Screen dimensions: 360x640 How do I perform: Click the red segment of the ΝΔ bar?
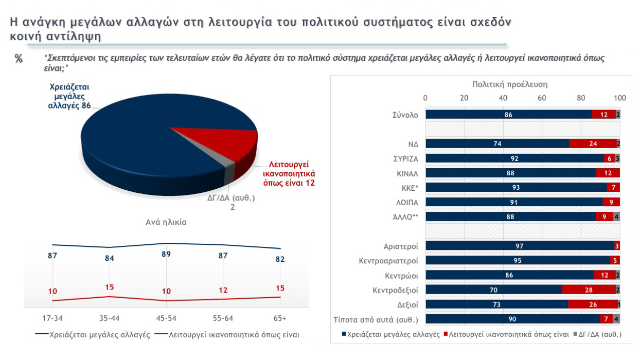593,144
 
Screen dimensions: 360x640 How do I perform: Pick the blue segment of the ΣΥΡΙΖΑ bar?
514,158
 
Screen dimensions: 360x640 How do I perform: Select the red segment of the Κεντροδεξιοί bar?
589,290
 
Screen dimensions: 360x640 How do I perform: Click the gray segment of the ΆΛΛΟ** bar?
616,217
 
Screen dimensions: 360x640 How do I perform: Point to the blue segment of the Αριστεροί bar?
520,246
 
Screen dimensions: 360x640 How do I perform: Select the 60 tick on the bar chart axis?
542,98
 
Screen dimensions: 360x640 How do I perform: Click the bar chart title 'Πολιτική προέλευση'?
509,84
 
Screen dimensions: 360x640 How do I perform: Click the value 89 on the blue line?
166,254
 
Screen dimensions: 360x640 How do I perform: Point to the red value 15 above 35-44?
109,287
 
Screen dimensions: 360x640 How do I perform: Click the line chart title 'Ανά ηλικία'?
166,223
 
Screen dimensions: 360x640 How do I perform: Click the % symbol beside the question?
19,59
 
